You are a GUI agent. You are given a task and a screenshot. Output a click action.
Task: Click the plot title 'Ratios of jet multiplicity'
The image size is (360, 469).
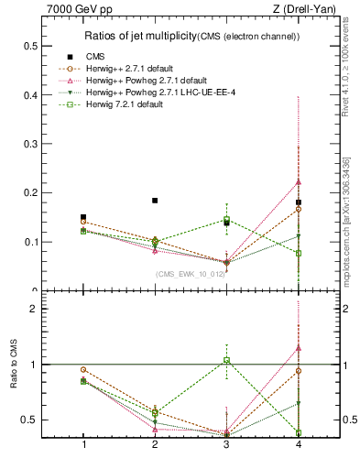click(137, 37)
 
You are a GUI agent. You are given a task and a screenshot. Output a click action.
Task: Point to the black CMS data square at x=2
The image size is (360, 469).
click(155, 201)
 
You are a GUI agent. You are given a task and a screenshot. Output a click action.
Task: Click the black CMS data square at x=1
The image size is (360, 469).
click(83, 217)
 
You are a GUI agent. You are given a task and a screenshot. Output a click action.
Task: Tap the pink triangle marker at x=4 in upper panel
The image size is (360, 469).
click(299, 181)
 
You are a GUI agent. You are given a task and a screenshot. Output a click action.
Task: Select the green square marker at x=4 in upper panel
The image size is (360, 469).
click(299, 253)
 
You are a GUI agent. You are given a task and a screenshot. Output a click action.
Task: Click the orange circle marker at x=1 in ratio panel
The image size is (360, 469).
click(83, 369)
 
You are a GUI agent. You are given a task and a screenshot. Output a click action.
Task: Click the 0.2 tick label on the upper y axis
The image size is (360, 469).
click(32, 193)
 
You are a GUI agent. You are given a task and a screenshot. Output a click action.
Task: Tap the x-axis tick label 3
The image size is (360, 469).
click(226, 444)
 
